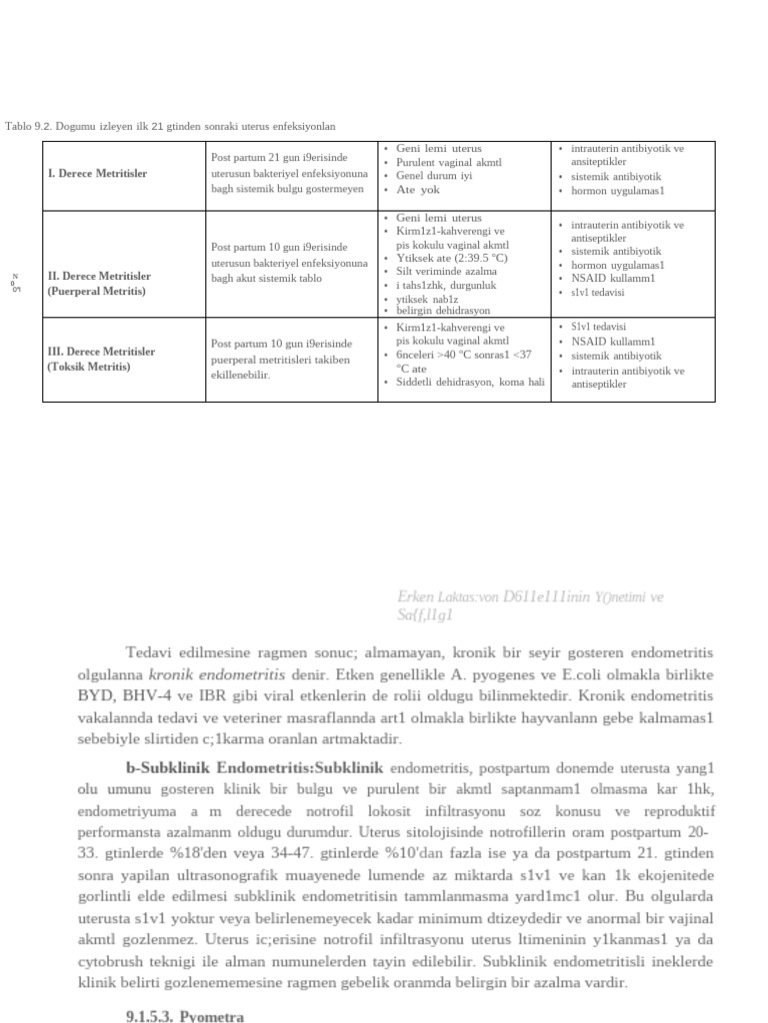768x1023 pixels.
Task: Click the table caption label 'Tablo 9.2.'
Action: (x=28, y=127)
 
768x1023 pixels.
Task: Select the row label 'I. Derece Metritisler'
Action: (x=97, y=174)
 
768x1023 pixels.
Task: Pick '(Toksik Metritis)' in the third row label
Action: (x=89, y=367)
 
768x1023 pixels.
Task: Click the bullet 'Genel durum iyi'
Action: (x=434, y=176)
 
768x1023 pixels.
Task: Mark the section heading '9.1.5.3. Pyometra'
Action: (x=184, y=1016)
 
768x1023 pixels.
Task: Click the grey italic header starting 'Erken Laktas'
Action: (x=530, y=597)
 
